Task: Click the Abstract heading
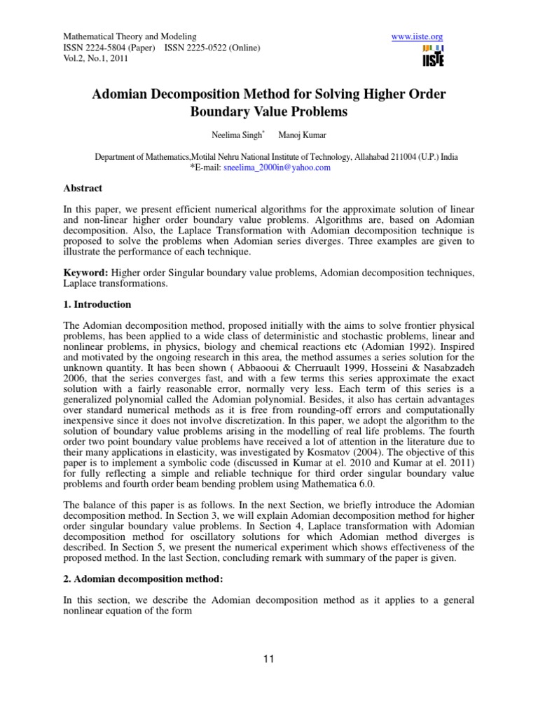click(83, 188)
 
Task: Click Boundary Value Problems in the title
click(269, 111)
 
